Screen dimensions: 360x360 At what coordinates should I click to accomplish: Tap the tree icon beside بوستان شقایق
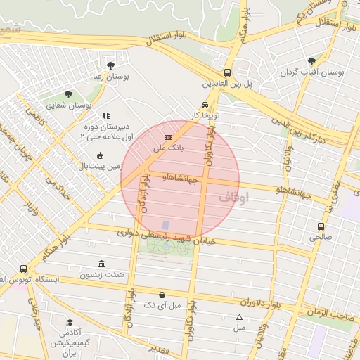(x=68, y=94)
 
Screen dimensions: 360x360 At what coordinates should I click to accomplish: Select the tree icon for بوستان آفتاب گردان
(x=311, y=60)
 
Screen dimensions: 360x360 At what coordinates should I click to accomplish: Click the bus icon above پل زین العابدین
(x=227, y=72)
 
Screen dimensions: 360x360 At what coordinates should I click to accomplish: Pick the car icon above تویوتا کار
(x=204, y=103)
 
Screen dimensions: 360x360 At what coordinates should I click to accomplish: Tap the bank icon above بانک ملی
(x=168, y=137)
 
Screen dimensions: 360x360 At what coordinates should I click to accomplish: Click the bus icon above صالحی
(x=321, y=226)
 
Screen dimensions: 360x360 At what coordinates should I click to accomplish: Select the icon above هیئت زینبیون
(x=103, y=264)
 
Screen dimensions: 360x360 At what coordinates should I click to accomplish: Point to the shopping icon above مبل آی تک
(x=162, y=295)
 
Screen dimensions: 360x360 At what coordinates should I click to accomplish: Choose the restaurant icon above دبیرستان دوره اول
(x=106, y=115)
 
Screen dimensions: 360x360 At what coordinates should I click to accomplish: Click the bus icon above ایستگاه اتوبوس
(x=23, y=269)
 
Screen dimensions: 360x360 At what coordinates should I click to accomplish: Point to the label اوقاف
(x=234, y=198)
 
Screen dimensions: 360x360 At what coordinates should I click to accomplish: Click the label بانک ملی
(x=168, y=148)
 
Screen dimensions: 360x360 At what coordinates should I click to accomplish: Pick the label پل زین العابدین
(x=227, y=84)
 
